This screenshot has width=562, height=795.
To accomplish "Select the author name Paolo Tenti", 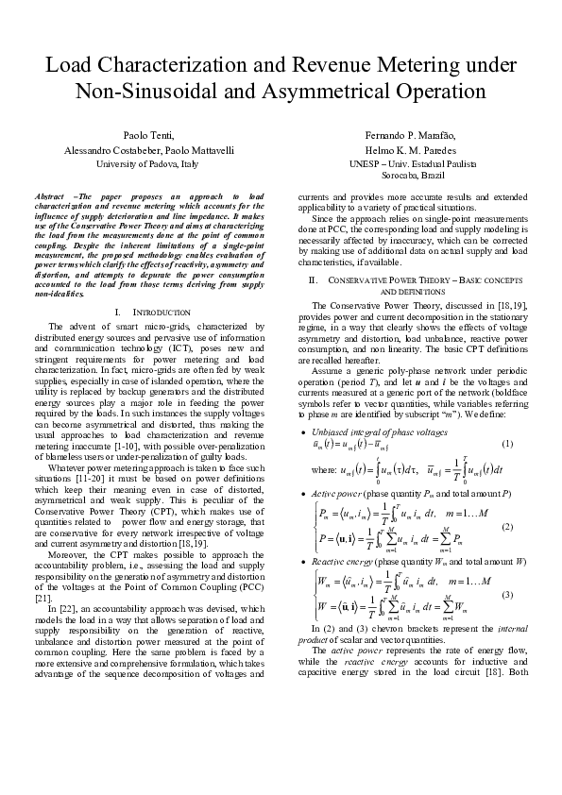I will [x=148, y=136].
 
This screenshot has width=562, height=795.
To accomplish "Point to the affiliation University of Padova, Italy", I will [x=148, y=163].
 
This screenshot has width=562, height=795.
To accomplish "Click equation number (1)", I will [x=507, y=444].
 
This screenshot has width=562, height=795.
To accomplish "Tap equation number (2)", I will [x=507, y=526].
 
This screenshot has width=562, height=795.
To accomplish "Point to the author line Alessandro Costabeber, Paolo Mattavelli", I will [x=148, y=150].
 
